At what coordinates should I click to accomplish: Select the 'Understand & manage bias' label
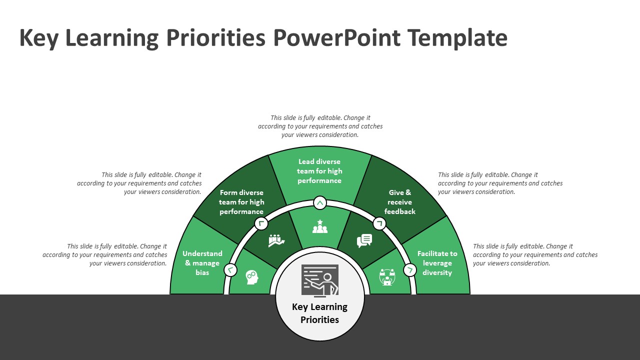pyautogui.click(x=202, y=263)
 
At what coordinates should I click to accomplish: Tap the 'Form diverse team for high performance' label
pyautogui.click(x=241, y=202)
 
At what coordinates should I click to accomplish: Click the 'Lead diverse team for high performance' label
pyautogui.click(x=319, y=171)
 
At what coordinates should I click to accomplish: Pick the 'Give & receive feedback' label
pyautogui.click(x=400, y=202)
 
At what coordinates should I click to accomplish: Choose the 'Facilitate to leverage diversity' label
pyautogui.click(x=437, y=263)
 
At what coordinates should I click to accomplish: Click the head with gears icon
pyautogui.click(x=251, y=277)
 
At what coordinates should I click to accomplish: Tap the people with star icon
pyautogui.click(x=320, y=227)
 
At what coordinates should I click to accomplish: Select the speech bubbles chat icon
pyautogui.click(x=364, y=240)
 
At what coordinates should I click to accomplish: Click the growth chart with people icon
pyautogui.click(x=276, y=240)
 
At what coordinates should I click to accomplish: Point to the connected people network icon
pyautogui.click(x=387, y=277)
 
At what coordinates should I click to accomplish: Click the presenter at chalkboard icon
pyautogui.click(x=320, y=280)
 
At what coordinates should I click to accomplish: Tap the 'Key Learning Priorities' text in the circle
pyautogui.click(x=320, y=313)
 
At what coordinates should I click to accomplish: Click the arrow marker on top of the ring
pyautogui.click(x=320, y=203)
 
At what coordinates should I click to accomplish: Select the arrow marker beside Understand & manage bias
pyautogui.click(x=230, y=270)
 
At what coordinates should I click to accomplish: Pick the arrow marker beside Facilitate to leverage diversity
pyautogui.click(x=409, y=270)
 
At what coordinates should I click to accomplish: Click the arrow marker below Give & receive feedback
pyautogui.click(x=379, y=223)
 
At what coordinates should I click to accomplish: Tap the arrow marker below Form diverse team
pyautogui.click(x=261, y=223)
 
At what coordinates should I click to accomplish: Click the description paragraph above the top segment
pyautogui.click(x=320, y=126)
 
